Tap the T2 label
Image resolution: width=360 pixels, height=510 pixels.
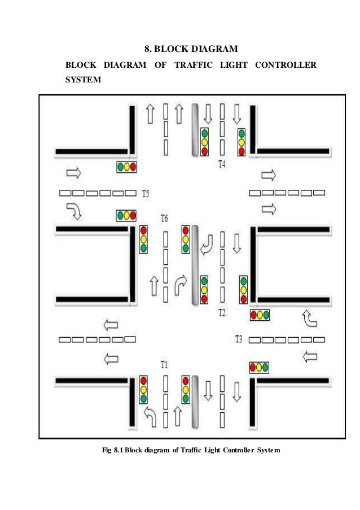tap(222, 312)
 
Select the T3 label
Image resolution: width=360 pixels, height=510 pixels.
tap(239, 339)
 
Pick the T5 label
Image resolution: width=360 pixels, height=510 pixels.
tap(146, 193)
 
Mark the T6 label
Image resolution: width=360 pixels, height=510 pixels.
tap(165, 218)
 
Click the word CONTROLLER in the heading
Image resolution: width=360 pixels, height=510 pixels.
tap(286, 66)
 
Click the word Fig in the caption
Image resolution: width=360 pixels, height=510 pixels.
tap(107, 450)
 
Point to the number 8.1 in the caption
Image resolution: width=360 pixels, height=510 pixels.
tap(119, 450)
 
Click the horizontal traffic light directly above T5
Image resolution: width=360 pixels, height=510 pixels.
tap(127, 167)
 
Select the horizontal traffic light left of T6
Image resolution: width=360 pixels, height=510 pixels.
tap(127, 216)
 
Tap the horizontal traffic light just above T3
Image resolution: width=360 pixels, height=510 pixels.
tap(260, 315)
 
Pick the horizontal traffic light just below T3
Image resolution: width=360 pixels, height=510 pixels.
tap(259, 368)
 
